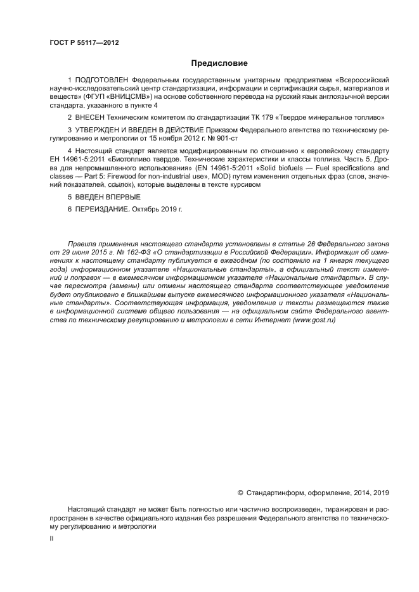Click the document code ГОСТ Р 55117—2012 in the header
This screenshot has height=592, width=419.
84,43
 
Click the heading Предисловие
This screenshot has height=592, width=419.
219,63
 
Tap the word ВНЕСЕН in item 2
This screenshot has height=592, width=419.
93,118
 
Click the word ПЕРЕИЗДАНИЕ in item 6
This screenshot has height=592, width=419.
101,208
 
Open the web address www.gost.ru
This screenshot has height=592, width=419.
313,321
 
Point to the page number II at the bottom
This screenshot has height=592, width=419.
51,538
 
